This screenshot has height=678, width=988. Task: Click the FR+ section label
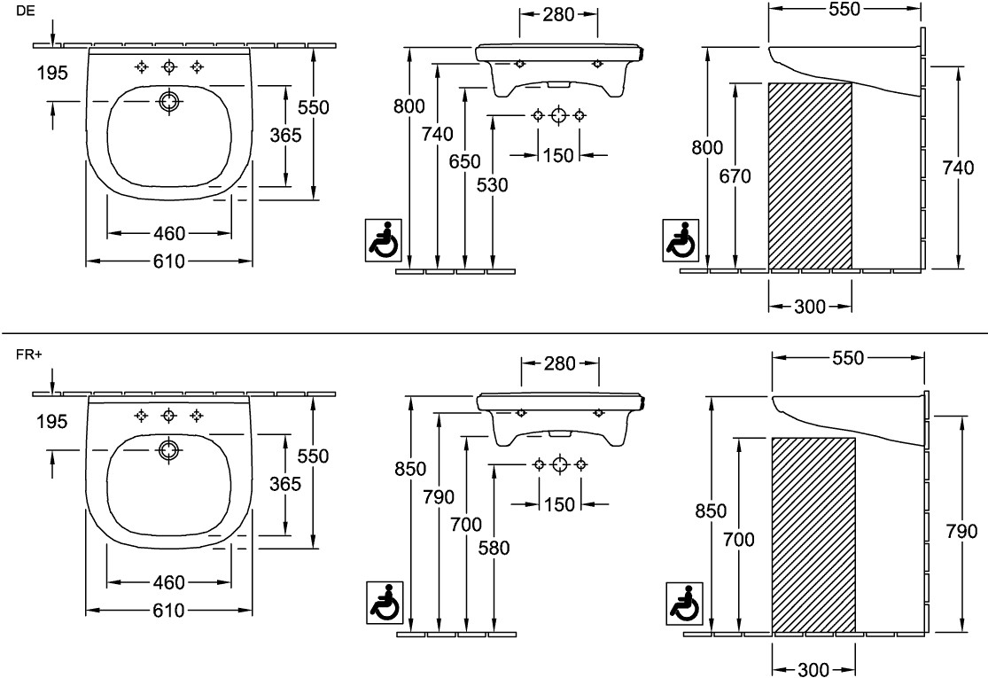(x=28, y=355)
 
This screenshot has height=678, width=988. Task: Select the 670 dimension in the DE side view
(x=735, y=176)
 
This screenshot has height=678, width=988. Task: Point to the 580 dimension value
(x=494, y=548)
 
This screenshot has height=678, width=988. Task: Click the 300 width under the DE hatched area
(x=810, y=307)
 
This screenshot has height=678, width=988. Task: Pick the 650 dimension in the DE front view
(x=465, y=161)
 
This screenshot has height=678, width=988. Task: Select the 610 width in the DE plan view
(x=168, y=261)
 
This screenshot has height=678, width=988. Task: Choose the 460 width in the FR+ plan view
(x=168, y=582)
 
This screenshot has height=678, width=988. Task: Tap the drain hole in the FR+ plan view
(x=168, y=450)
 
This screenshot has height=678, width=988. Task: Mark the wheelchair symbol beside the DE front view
(x=384, y=239)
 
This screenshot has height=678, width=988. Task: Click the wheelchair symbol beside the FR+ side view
(x=685, y=604)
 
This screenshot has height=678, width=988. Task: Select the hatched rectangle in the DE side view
(x=809, y=175)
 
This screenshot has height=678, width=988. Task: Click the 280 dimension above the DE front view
(x=557, y=14)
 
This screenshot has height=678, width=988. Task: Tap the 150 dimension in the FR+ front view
(x=559, y=504)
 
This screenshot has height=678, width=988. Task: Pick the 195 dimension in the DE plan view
(x=52, y=74)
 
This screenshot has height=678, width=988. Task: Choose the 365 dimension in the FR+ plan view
(x=285, y=484)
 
